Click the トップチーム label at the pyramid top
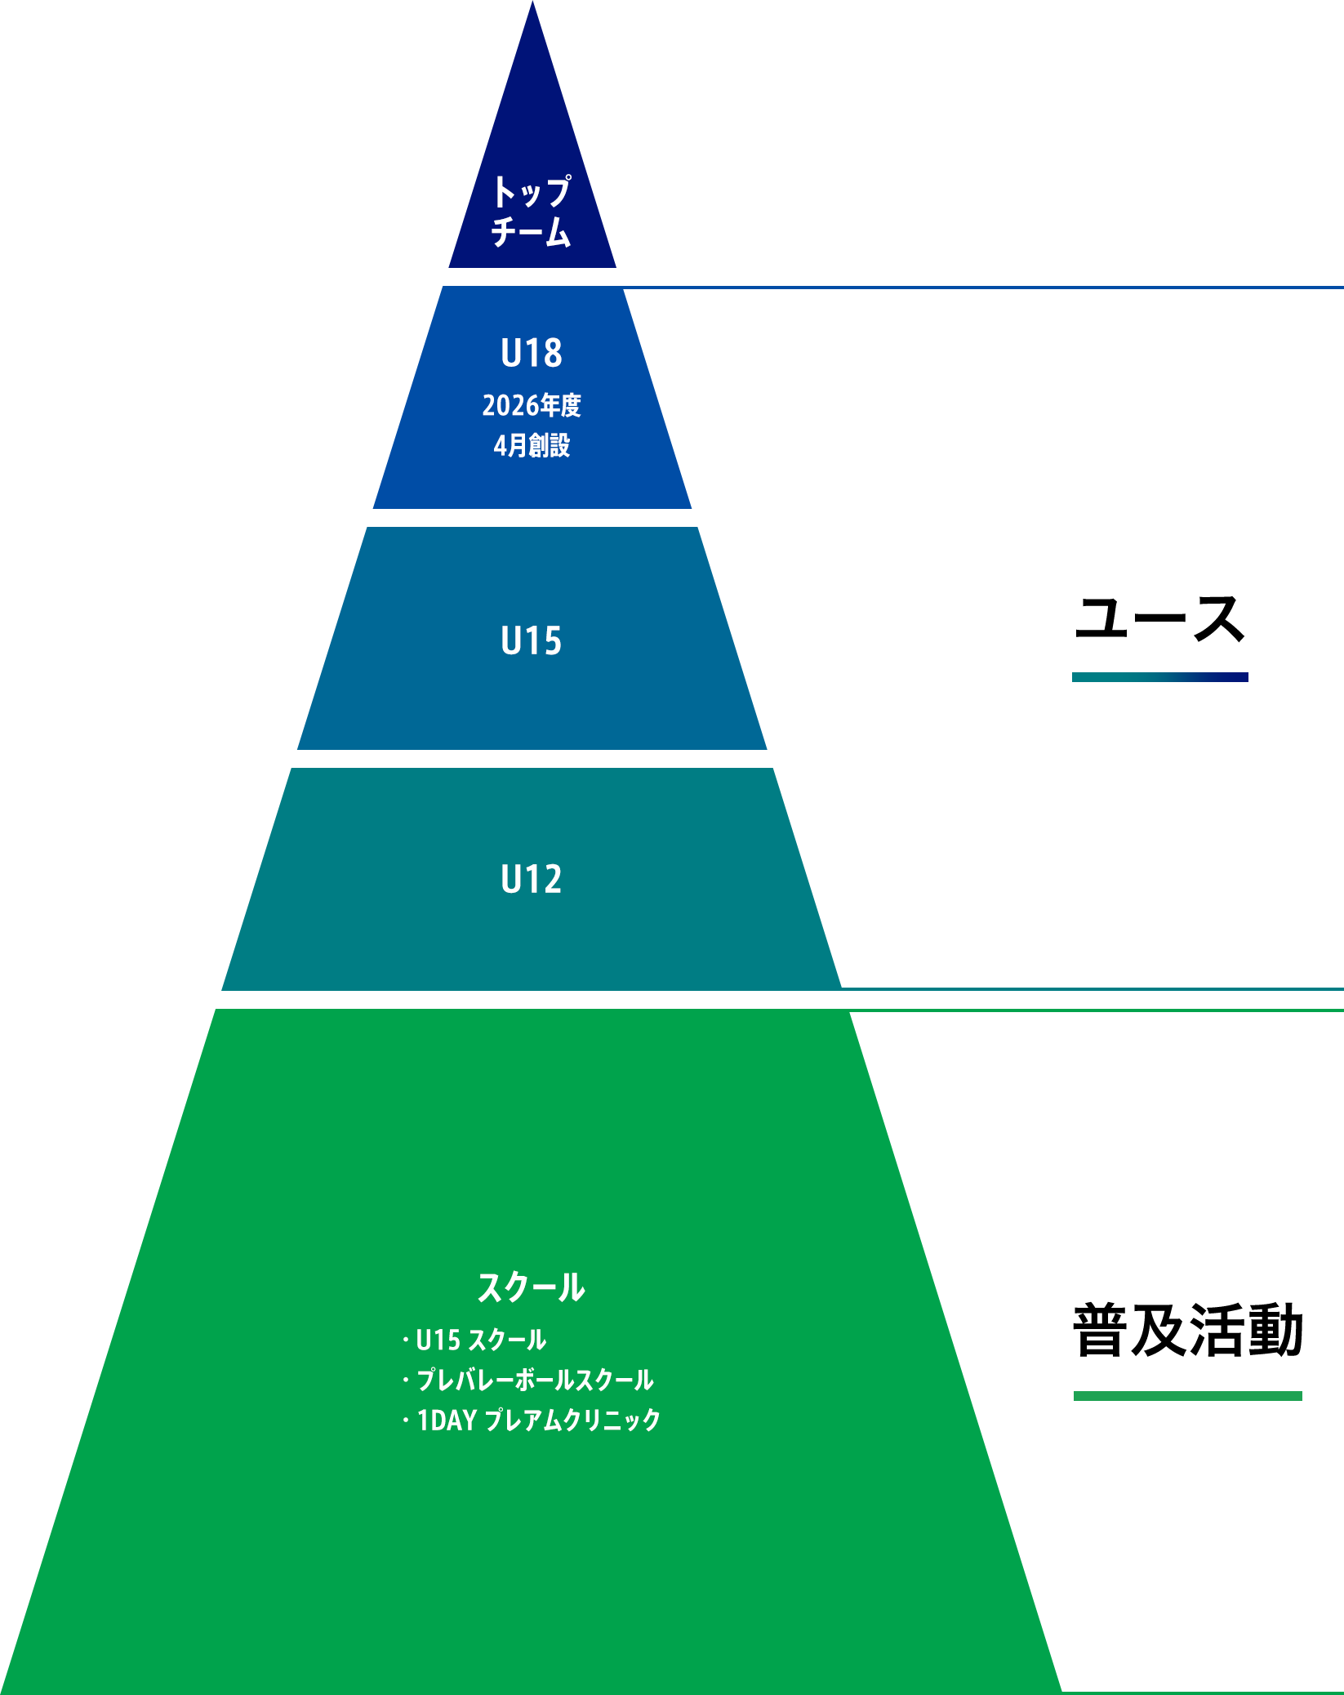tap(532, 211)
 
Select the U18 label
tap(532, 353)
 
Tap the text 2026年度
tap(532, 405)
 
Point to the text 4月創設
tap(532, 445)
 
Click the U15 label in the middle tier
tap(532, 640)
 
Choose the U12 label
tap(532, 880)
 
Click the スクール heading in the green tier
tap(532, 1287)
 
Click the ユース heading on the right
tap(1159, 618)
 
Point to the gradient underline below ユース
tap(1160, 677)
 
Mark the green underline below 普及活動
tap(1188, 1396)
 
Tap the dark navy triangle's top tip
tap(532, 2)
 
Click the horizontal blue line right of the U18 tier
tap(983, 288)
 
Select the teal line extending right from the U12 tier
tap(1093, 988)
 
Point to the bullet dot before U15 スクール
tap(405, 1340)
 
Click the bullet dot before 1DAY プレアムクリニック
tap(405, 1421)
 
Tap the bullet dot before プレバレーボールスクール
tap(405, 1381)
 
